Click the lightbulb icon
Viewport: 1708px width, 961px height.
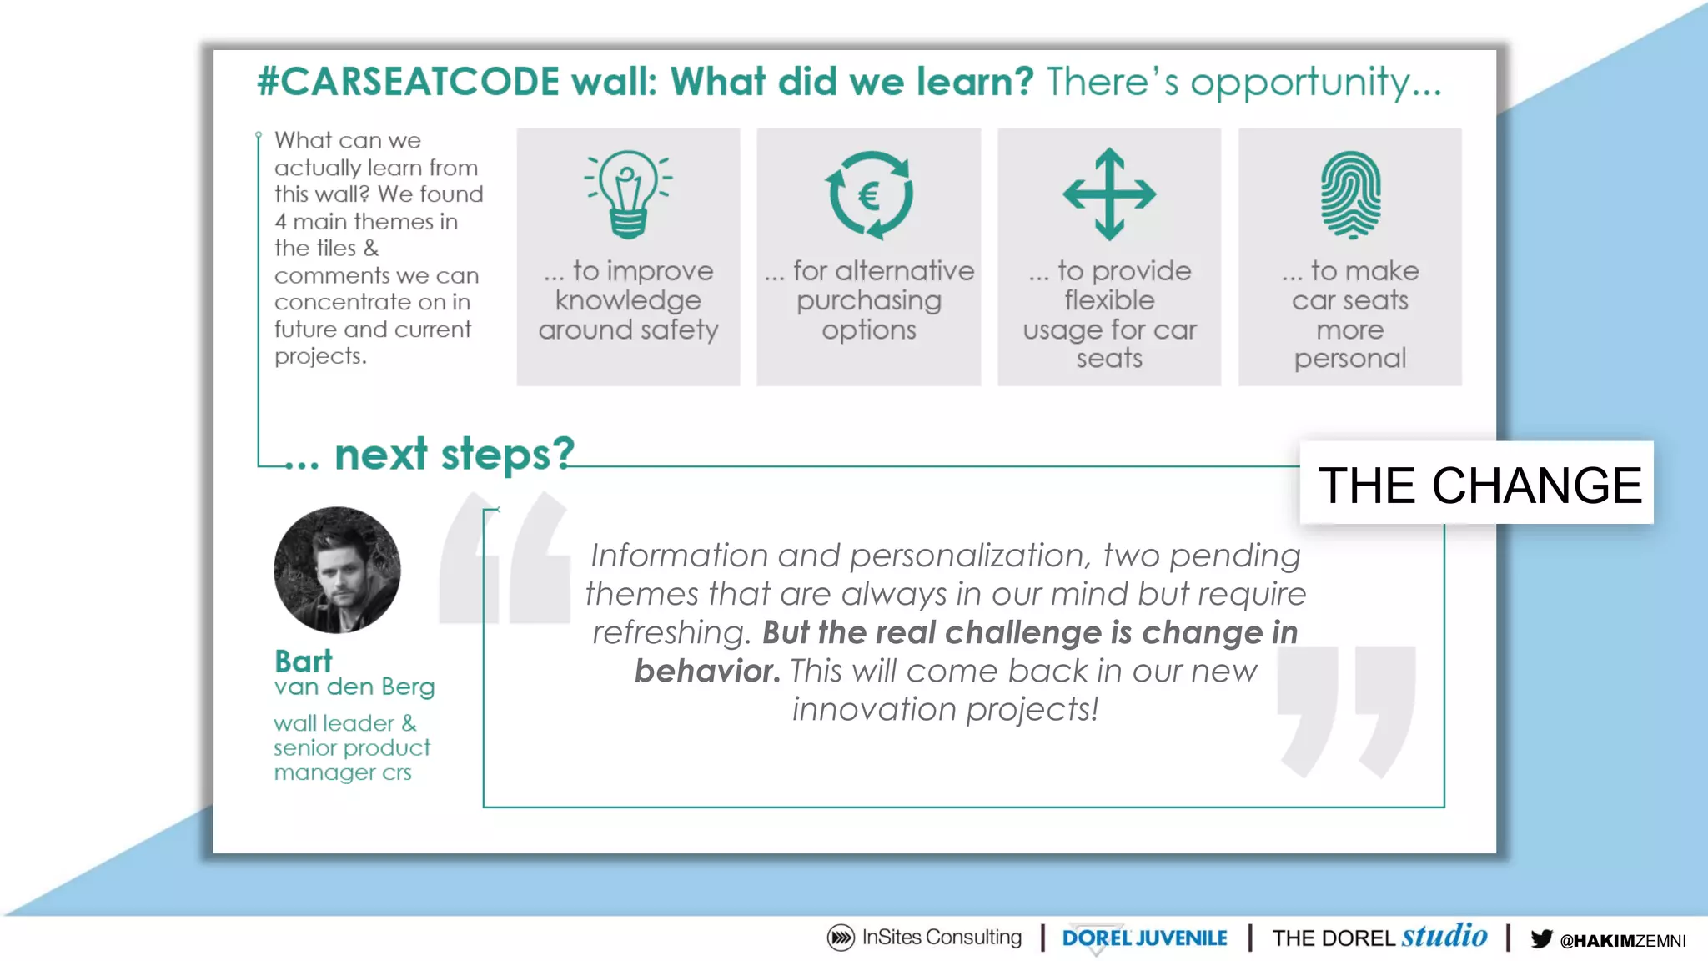tap(628, 194)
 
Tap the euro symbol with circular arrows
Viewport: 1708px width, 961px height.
tap(869, 195)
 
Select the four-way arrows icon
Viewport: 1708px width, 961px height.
tap(1109, 194)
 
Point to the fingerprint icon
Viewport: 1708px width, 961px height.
tap(1350, 195)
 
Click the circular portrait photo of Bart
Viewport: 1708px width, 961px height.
tap(337, 570)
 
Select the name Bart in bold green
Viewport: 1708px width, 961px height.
tap(304, 661)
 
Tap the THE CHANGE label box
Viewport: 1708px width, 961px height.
tap(1477, 484)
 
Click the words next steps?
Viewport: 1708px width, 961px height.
tap(455, 454)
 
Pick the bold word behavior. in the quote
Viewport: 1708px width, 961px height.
tap(707, 671)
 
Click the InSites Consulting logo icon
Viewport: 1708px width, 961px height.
tap(841, 938)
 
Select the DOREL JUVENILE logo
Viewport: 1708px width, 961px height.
tap(1144, 938)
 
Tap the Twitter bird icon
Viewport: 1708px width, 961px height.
tap(1541, 938)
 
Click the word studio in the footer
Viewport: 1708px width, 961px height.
tap(1444, 936)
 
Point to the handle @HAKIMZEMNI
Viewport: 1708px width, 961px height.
tap(1623, 941)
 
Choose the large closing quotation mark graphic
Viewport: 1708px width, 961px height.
tap(1347, 710)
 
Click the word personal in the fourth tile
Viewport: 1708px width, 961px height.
tap(1349, 359)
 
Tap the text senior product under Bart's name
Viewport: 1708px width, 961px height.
tap(352, 747)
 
